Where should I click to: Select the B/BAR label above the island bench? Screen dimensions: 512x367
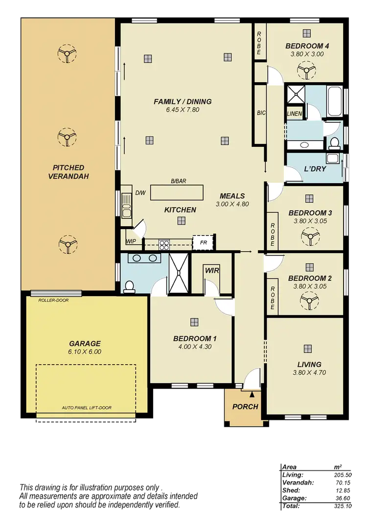pos(179,181)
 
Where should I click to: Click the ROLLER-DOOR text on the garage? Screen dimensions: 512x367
pos(53,300)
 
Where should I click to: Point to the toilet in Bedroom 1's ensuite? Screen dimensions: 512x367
pos(130,286)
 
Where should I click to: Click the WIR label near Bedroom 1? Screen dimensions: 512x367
pos(211,269)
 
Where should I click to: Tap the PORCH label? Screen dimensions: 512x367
pos(245,406)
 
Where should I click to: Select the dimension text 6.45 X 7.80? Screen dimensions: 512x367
pos(183,110)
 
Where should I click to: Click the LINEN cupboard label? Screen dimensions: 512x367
pos(295,114)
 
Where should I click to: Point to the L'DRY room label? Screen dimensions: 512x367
pos(315,168)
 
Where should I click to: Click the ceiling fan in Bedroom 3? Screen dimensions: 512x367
pos(310,238)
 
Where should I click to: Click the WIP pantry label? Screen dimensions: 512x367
pos(131,241)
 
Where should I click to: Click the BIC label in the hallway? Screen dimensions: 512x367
pos(261,113)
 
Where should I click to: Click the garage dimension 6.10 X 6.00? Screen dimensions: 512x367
pos(85,351)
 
